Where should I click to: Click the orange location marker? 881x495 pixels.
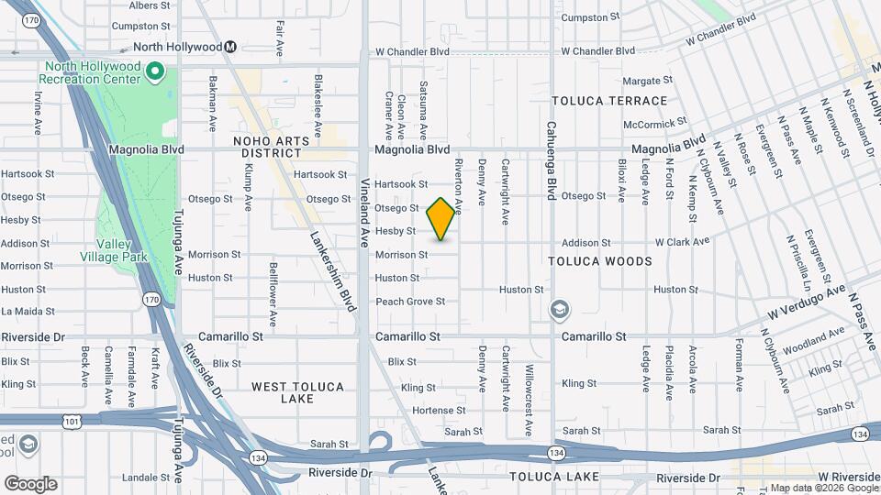tap(441, 219)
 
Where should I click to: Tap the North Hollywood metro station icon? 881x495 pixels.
tap(231, 47)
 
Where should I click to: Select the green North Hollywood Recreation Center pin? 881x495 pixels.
tap(155, 71)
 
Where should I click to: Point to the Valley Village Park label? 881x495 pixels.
tap(121, 251)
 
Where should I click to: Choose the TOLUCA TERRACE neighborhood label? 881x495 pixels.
tap(608, 101)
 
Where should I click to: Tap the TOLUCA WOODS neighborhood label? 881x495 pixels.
tap(600, 261)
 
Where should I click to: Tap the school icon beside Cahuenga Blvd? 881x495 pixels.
tap(559, 311)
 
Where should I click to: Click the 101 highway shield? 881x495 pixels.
tap(71, 421)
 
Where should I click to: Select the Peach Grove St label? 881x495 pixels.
tap(410, 302)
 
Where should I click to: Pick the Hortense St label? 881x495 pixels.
tap(439, 411)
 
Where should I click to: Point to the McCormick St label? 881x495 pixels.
tap(654, 123)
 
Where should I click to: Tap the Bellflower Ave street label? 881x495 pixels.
tap(273, 294)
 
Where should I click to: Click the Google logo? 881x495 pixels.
tap(30, 484)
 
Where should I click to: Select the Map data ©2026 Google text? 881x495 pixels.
tap(823, 488)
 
